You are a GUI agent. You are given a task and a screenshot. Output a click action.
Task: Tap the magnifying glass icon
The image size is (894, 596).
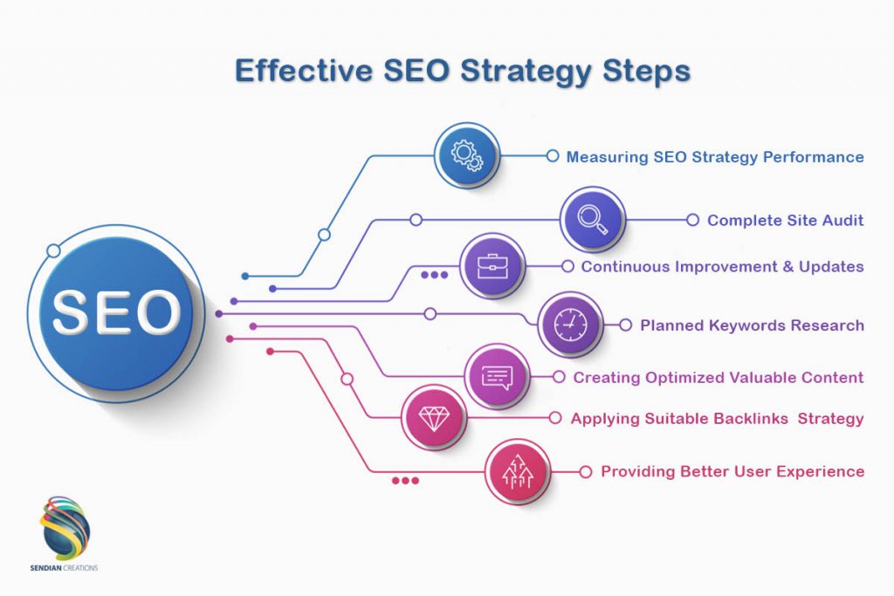tap(591, 220)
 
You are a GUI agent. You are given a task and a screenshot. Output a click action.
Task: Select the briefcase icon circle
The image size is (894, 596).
tap(492, 265)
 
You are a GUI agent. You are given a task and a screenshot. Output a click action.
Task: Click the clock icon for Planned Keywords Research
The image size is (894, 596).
tap(570, 325)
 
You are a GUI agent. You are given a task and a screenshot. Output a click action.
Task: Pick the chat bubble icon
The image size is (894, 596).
tap(497, 377)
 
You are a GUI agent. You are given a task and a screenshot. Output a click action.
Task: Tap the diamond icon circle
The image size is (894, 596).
tap(434, 418)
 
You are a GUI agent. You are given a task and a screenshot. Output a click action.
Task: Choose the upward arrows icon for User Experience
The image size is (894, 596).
tap(518, 472)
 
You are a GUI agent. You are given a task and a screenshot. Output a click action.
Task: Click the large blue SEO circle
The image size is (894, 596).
tap(116, 312)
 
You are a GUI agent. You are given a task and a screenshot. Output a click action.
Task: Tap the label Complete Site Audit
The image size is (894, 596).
tap(785, 221)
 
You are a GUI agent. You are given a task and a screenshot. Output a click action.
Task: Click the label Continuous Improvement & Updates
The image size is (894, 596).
tap(722, 267)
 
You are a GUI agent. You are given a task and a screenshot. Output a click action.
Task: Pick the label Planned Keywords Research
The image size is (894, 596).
tap(752, 325)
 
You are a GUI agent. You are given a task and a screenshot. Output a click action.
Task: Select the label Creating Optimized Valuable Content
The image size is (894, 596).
tap(718, 378)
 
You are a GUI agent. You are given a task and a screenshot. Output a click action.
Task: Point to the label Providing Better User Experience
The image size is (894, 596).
tap(732, 472)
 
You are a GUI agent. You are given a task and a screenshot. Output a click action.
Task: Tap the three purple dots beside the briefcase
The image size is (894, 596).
tap(434, 275)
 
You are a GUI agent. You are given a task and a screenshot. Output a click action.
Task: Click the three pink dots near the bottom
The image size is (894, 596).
tap(405, 481)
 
